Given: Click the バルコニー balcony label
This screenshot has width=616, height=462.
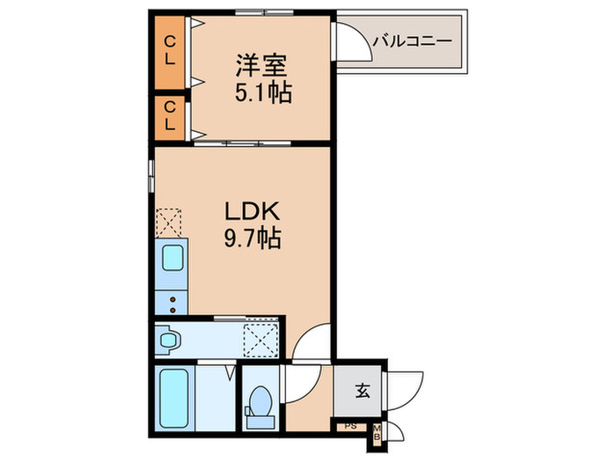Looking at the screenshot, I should pos(411,40).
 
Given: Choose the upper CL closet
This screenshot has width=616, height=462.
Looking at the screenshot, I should pos(170,51).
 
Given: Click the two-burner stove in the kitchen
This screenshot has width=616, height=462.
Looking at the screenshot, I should pos(172,303).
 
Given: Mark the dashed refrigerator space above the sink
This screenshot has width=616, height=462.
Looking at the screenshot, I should pos(168,222).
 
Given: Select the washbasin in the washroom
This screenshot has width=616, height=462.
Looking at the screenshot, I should pos(169,338).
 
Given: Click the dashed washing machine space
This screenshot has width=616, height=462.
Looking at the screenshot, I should pos(261,338).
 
